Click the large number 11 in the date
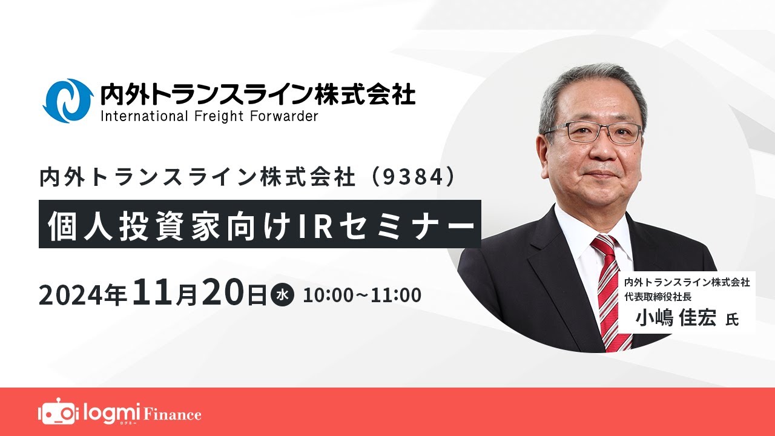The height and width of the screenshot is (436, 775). tap(154, 293)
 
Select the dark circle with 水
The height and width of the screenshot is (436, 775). tap(282, 296)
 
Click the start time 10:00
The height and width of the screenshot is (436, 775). tap(328, 296)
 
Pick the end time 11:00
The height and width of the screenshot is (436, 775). tap(397, 296)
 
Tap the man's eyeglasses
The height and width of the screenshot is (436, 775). tap(593, 133)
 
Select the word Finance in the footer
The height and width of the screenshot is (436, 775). tap(172, 415)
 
